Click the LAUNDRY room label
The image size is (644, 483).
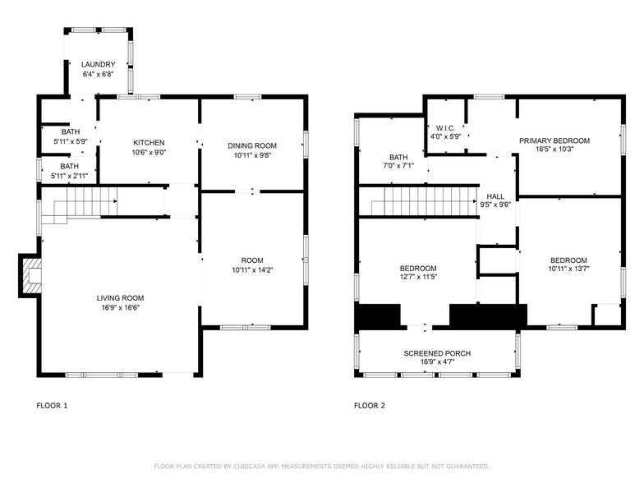tap(98, 64)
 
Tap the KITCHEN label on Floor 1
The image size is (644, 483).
tap(149, 142)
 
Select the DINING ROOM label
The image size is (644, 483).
tap(252, 145)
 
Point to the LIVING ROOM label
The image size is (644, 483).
tap(120, 298)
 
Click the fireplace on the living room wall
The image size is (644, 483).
tap(31, 277)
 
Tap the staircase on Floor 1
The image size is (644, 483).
tap(82, 201)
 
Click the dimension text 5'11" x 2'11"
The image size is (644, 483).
tap(69, 175)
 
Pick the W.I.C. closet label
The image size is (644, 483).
tap(446, 127)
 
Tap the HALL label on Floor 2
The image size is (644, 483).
tap(495, 196)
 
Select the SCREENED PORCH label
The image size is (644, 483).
tap(436, 353)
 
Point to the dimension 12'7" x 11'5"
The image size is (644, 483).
tap(418, 278)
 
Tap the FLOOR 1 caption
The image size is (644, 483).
tap(52, 406)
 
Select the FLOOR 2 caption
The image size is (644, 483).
tap(369, 406)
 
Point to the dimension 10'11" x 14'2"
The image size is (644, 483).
tap(252, 269)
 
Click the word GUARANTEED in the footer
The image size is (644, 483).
tap(463, 466)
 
